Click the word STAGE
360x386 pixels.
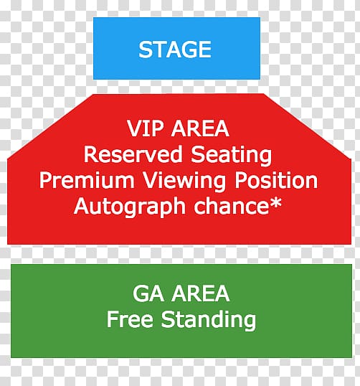point(175,50)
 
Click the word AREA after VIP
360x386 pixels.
point(200,128)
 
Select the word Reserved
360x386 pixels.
point(133,154)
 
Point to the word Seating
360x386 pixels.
point(232,156)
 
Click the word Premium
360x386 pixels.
point(87,181)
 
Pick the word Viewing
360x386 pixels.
point(184,182)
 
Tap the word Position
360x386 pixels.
point(276,181)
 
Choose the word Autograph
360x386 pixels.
point(130,207)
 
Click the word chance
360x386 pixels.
point(232,206)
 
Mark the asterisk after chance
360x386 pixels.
point(276,203)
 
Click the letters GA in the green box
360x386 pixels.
point(148,293)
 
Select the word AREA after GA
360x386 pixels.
point(201,293)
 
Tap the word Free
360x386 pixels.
point(130,319)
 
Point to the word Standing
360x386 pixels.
point(209,320)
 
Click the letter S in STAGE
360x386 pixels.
point(146,50)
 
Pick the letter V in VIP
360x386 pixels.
point(135,128)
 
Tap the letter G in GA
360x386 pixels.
point(141,293)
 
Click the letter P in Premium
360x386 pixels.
point(45,181)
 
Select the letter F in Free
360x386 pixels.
point(113,319)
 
